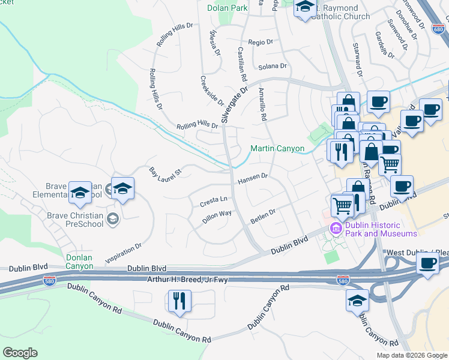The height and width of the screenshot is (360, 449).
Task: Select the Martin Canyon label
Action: click(x=277, y=148)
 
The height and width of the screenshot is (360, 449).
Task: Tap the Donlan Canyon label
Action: click(x=79, y=262)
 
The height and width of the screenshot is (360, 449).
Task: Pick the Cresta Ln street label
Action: click(x=214, y=201)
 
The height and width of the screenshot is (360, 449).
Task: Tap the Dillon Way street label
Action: click(x=217, y=217)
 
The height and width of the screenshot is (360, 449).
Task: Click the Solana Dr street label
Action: click(x=272, y=66)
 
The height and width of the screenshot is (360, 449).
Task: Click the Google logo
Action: click(x=20, y=353)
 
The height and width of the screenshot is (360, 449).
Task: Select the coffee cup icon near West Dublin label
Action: click(x=428, y=264)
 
